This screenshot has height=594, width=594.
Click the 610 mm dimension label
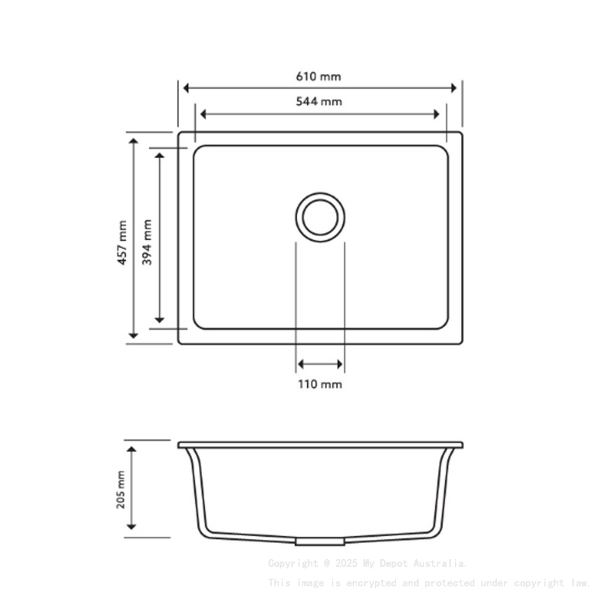coord(319,76)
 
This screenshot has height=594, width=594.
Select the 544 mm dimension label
coord(319,101)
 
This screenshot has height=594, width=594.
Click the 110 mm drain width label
coord(320,384)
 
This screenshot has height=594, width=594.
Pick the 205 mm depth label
coord(121,488)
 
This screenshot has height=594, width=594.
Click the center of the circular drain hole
coord(320,215)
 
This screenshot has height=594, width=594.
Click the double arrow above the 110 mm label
coord(320,364)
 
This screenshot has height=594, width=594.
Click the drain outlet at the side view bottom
coord(320,542)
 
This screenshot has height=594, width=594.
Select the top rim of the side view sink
coord(320,444)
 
